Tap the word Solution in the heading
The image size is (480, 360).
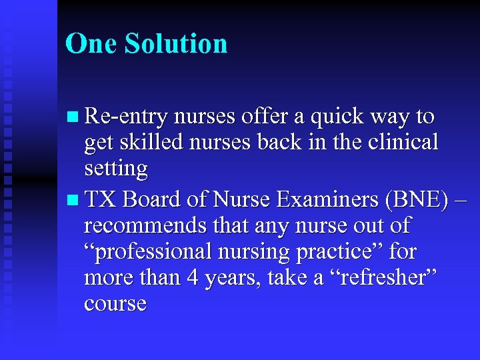click(176, 44)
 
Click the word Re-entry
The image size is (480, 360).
click(127, 117)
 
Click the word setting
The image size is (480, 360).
click(116, 169)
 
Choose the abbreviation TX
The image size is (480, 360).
click(101, 199)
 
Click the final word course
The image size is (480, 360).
click(115, 303)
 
